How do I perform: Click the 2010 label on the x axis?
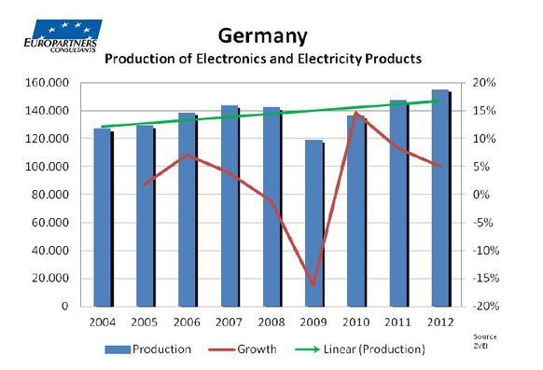pos(356,322)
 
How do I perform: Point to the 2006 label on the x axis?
pos(188,322)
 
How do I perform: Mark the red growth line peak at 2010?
pos(356,113)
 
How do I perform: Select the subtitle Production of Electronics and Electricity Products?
pos(263,58)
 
